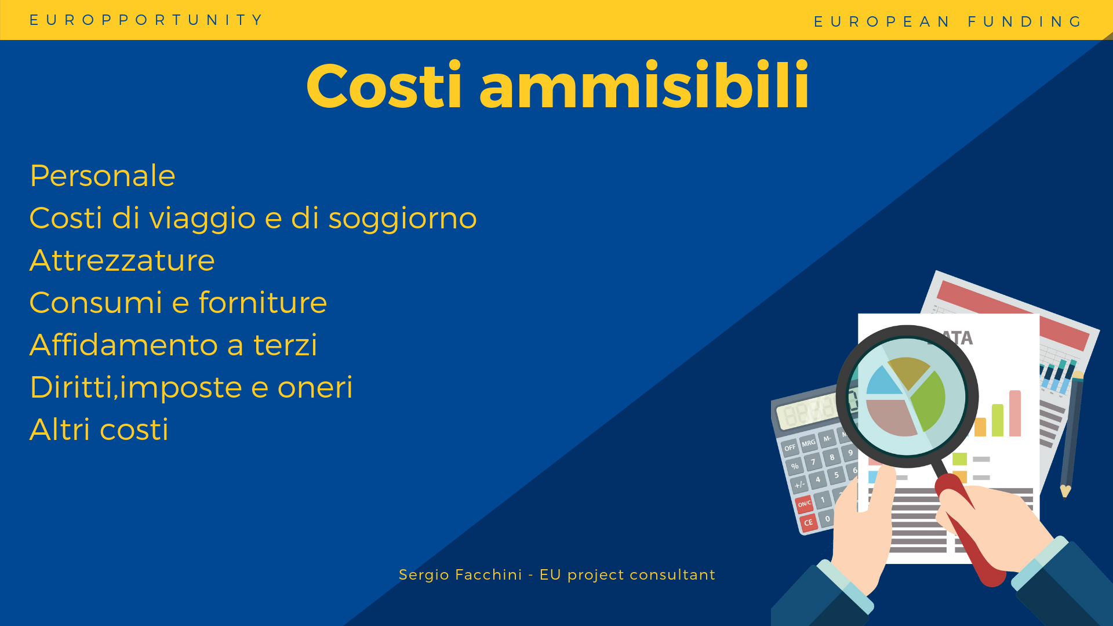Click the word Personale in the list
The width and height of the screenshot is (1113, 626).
[103, 176]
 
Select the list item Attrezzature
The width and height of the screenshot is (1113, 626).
[122, 260]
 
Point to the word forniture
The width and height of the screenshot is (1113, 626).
[263, 302]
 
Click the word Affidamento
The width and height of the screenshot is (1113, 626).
[123, 344]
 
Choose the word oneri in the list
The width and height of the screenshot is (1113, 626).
[315, 387]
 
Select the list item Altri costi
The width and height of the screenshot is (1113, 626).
[99, 430]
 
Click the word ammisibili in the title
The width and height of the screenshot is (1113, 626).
[644, 86]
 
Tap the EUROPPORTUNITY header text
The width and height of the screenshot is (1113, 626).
[147, 20]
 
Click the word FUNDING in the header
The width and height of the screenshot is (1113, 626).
[1025, 22]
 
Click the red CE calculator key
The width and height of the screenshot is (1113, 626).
[808, 522]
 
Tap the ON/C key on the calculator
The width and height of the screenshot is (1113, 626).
[804, 504]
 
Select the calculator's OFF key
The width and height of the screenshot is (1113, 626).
[790, 447]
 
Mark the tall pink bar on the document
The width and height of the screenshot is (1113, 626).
[1015, 413]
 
